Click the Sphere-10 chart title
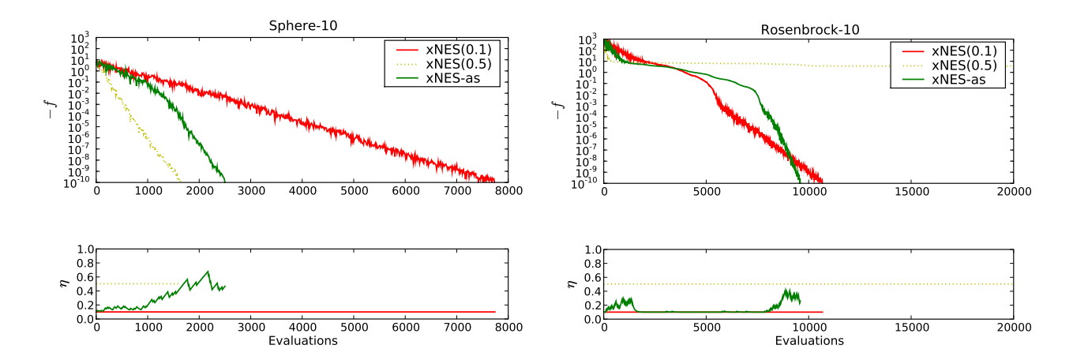click(302, 24)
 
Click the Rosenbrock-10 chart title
click(809, 30)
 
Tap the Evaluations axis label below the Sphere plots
click(302, 341)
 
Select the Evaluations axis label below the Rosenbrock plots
click(809, 341)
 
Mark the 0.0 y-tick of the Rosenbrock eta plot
click(590, 320)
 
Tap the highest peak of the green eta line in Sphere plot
click(208, 272)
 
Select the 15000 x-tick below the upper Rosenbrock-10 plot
click(911, 192)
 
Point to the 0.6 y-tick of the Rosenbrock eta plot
click(590, 278)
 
